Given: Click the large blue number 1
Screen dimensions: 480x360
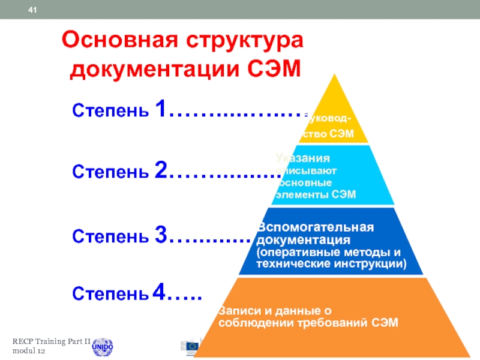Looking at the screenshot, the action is click(160, 109).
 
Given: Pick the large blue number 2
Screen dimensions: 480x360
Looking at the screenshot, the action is click(160, 171).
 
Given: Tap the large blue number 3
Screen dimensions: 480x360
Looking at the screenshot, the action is click(160, 235).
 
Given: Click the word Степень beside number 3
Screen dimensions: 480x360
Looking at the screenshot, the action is click(112, 236).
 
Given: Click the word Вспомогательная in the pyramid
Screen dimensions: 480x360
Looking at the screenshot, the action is click(316, 228).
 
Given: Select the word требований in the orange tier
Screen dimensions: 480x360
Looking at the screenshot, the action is click(339, 322).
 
